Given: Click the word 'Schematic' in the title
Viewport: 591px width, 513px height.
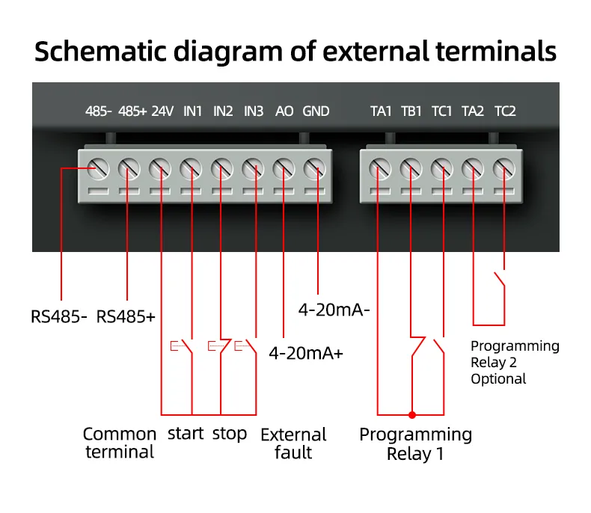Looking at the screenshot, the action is (100, 51).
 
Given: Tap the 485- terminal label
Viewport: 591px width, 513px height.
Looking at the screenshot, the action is (98, 111).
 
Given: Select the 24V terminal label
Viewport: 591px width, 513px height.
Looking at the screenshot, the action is (162, 111).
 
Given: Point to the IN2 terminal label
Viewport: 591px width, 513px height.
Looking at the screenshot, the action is (223, 111).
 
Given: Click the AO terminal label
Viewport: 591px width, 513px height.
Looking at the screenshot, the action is (284, 111).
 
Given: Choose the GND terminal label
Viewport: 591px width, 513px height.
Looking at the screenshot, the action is (316, 111).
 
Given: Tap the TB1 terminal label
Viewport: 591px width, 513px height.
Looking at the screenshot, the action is (411, 111).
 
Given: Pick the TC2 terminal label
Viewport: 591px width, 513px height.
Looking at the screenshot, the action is (505, 111).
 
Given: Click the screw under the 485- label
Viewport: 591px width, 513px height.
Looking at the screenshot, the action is (98, 168).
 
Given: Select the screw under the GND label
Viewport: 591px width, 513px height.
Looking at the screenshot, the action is (315, 168).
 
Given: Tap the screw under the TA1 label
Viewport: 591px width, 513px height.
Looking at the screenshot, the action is (380, 168).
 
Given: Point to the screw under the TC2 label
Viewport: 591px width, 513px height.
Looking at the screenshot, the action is (504, 168).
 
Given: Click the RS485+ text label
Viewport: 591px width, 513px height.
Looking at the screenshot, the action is (126, 317).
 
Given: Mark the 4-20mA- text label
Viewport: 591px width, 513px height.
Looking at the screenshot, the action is (334, 310).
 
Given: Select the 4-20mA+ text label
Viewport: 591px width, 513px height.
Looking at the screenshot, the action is (306, 353).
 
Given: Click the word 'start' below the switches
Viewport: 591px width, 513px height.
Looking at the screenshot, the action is (186, 434).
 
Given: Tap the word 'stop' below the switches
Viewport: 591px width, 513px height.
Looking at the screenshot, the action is (230, 434).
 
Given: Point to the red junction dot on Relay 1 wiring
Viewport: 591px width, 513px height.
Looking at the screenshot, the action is (412, 415).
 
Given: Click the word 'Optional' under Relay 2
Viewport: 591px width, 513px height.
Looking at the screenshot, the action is (498, 379).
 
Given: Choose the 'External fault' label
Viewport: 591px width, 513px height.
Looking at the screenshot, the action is (293, 443).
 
